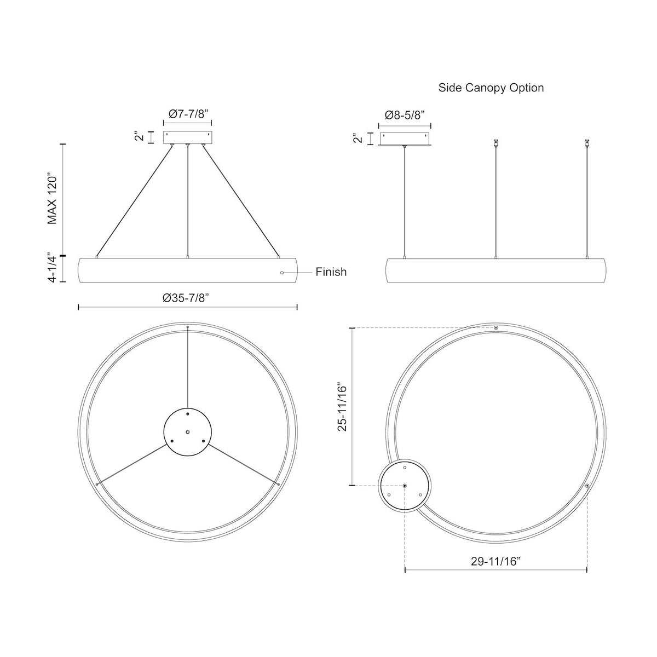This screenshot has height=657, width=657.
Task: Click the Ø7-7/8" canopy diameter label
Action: [188, 113]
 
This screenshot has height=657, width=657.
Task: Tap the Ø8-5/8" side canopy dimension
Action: [405, 115]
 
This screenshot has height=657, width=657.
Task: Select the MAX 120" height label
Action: [52, 200]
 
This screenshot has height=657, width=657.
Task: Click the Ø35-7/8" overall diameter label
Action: [186, 298]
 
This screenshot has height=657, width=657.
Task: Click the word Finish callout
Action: [331, 272]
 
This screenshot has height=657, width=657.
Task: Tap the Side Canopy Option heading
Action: [491, 88]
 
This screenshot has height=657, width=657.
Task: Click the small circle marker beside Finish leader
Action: [281, 273]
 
